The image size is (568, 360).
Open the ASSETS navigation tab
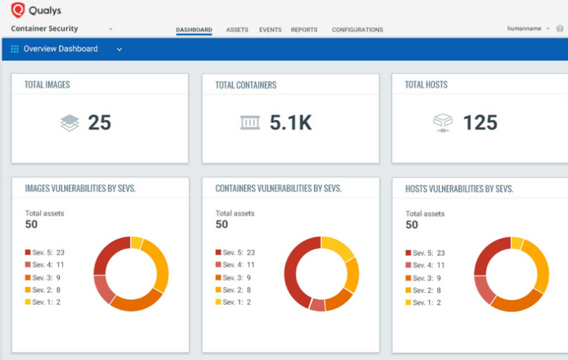point(237,30)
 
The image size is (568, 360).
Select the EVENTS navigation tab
point(270,30)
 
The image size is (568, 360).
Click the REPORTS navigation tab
point(304,30)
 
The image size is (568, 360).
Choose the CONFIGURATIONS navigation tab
point(357,30)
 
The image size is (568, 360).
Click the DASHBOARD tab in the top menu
point(194,30)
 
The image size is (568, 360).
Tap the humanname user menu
point(528,29)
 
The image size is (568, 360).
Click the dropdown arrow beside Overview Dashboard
point(119,50)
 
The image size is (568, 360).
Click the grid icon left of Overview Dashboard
point(15,50)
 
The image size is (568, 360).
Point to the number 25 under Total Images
point(99,123)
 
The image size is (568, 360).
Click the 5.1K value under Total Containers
point(290,123)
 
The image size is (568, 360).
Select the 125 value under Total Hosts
point(480,123)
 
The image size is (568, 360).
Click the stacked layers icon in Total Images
point(70,123)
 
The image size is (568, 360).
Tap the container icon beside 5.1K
point(250,123)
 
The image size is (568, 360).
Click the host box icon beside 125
point(442,123)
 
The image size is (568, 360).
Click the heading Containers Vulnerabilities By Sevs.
point(278,189)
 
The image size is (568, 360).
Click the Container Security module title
point(45,29)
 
